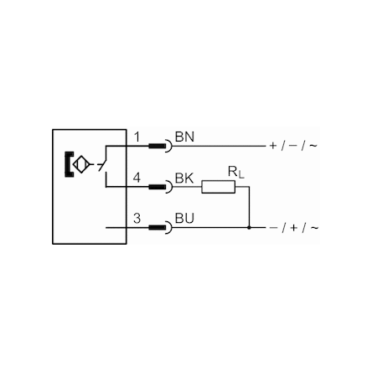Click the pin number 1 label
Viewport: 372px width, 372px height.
point(137,137)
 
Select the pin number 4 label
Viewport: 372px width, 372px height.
point(137,178)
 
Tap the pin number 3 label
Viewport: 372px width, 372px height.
point(137,219)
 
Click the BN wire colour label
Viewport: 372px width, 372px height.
point(184,137)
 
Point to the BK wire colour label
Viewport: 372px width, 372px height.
point(184,178)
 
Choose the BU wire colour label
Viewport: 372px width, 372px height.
point(184,219)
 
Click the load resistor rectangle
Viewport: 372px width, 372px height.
point(219,187)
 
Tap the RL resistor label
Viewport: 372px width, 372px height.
point(236,172)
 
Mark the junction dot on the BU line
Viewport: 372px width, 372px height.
point(249,228)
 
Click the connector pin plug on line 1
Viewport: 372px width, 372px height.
point(158,146)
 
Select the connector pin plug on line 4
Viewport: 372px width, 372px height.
point(158,187)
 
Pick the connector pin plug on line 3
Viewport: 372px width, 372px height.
point(158,228)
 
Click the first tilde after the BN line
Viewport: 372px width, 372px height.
point(313,146)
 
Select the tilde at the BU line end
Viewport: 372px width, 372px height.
point(314,228)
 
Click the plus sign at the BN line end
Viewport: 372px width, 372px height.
point(273,146)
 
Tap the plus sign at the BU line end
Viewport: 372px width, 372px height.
point(293,228)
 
